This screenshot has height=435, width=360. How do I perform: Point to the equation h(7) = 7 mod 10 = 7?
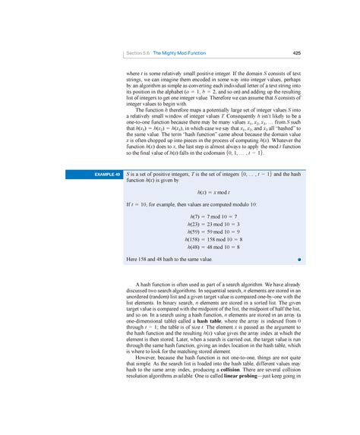213,217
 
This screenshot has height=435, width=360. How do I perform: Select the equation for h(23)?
213,225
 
